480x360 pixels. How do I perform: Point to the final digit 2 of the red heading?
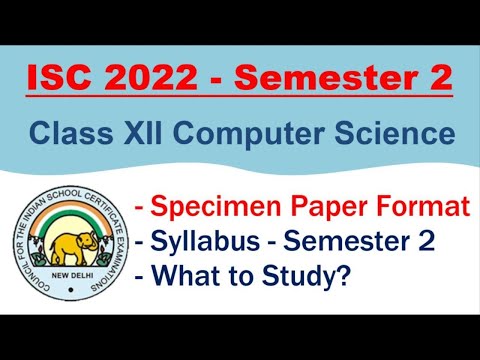pos(437,78)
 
